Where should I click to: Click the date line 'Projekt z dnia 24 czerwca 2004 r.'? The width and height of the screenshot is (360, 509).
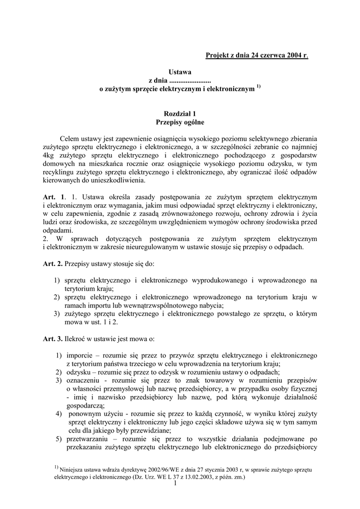[x=257, y=55]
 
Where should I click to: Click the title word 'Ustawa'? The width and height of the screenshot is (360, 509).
[x=180, y=72]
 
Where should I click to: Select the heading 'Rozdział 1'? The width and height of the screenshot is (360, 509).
[x=180, y=113]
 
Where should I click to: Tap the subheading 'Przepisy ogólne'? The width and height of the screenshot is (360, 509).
[x=180, y=122]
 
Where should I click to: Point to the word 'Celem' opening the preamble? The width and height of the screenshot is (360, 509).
[x=69, y=139]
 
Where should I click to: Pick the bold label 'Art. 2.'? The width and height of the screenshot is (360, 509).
[x=53, y=263]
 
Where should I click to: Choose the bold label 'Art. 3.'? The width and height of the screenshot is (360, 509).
[x=53, y=339]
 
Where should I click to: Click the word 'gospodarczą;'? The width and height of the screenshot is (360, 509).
[x=84, y=406]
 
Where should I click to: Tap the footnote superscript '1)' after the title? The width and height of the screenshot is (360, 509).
[x=259, y=87]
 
